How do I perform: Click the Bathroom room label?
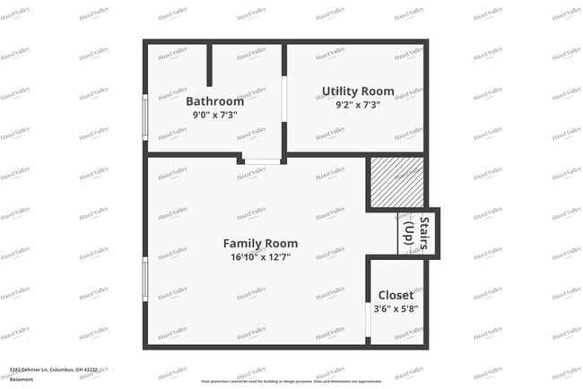[x=214, y=101]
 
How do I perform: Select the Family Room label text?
[x=260, y=243]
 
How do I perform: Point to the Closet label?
[x=396, y=295]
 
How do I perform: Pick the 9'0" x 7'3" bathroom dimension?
[x=214, y=115]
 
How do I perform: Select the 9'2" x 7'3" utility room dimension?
[x=357, y=105]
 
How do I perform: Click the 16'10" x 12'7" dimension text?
[x=260, y=256]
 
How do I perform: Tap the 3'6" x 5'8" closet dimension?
[x=396, y=309]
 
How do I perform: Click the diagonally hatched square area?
[x=396, y=183]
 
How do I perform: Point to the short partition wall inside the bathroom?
[x=210, y=65]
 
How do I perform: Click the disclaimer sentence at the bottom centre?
[x=291, y=380]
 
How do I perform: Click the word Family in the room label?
[x=241, y=243]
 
